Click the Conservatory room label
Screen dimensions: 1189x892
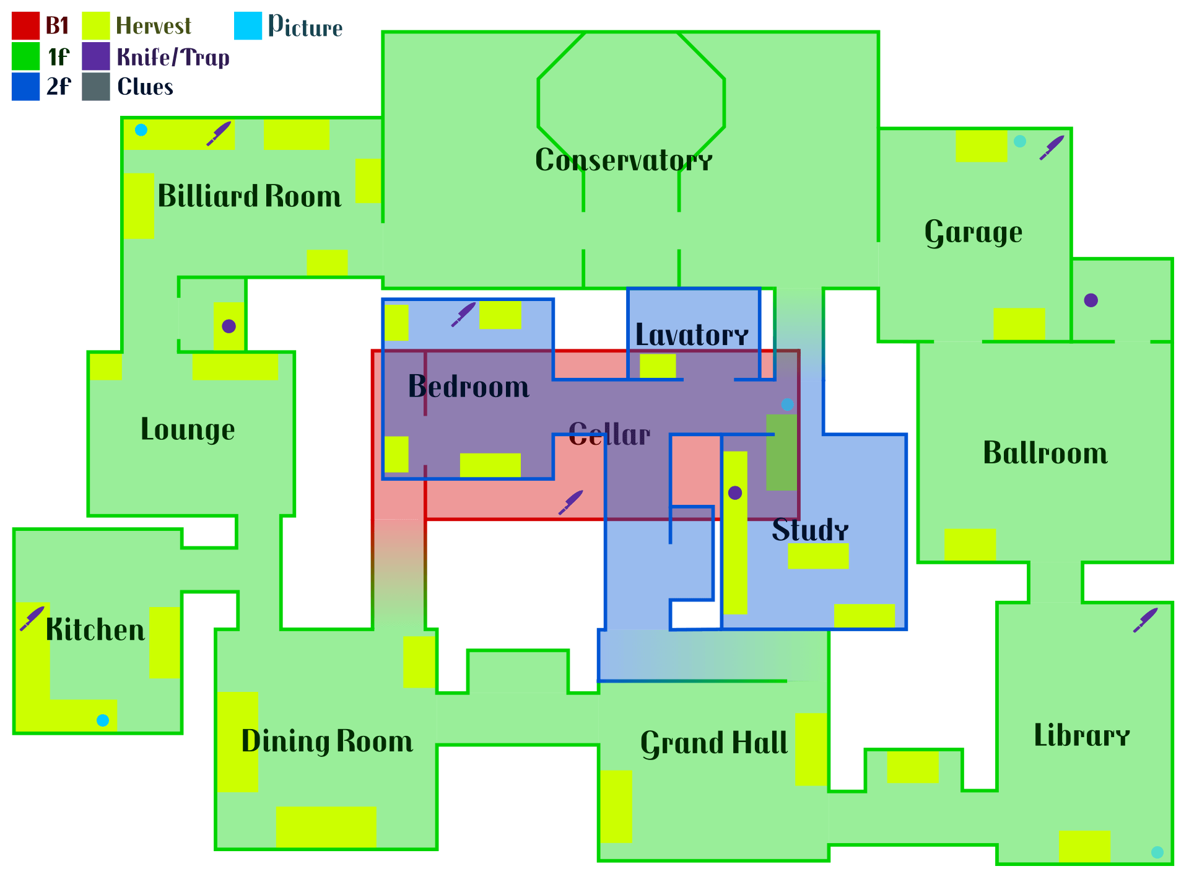pos(624,160)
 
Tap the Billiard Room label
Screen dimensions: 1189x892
pos(250,196)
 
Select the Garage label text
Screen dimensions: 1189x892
pos(973,233)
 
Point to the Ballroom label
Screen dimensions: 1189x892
pos(1045,453)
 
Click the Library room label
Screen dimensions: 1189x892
pos(1082,735)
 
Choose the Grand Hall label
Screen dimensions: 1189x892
pos(714,743)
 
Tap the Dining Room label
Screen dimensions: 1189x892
pos(327,741)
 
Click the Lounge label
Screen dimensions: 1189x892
pos(188,430)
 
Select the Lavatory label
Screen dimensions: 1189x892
pos(692,335)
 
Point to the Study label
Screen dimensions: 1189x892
pos(810,530)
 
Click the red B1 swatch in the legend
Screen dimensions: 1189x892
pos(25,26)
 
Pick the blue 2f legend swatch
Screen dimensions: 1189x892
pos(25,87)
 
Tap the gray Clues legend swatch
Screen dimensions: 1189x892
pos(96,87)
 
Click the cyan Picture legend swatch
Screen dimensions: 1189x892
pos(248,26)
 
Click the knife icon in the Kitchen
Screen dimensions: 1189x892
pos(32,618)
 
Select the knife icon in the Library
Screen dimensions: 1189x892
pos(1146,620)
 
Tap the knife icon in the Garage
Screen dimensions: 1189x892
pos(1052,147)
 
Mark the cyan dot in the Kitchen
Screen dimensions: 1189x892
pos(103,720)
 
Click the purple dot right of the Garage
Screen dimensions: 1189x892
pos(1091,300)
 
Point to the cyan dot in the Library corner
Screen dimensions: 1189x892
pos(1157,852)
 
